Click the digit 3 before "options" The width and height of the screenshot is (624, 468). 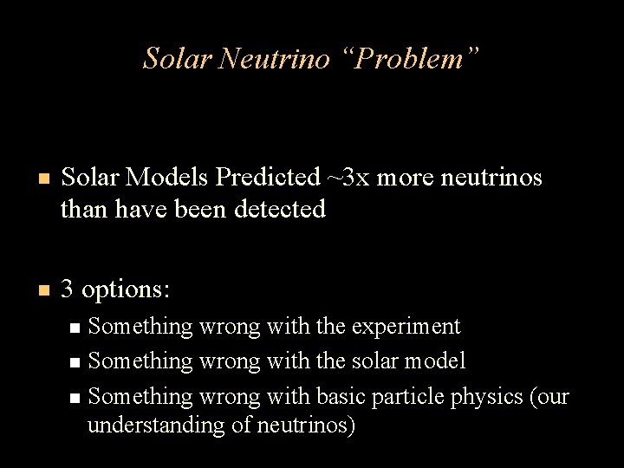click(x=68, y=289)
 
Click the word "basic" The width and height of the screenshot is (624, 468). click(x=338, y=396)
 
